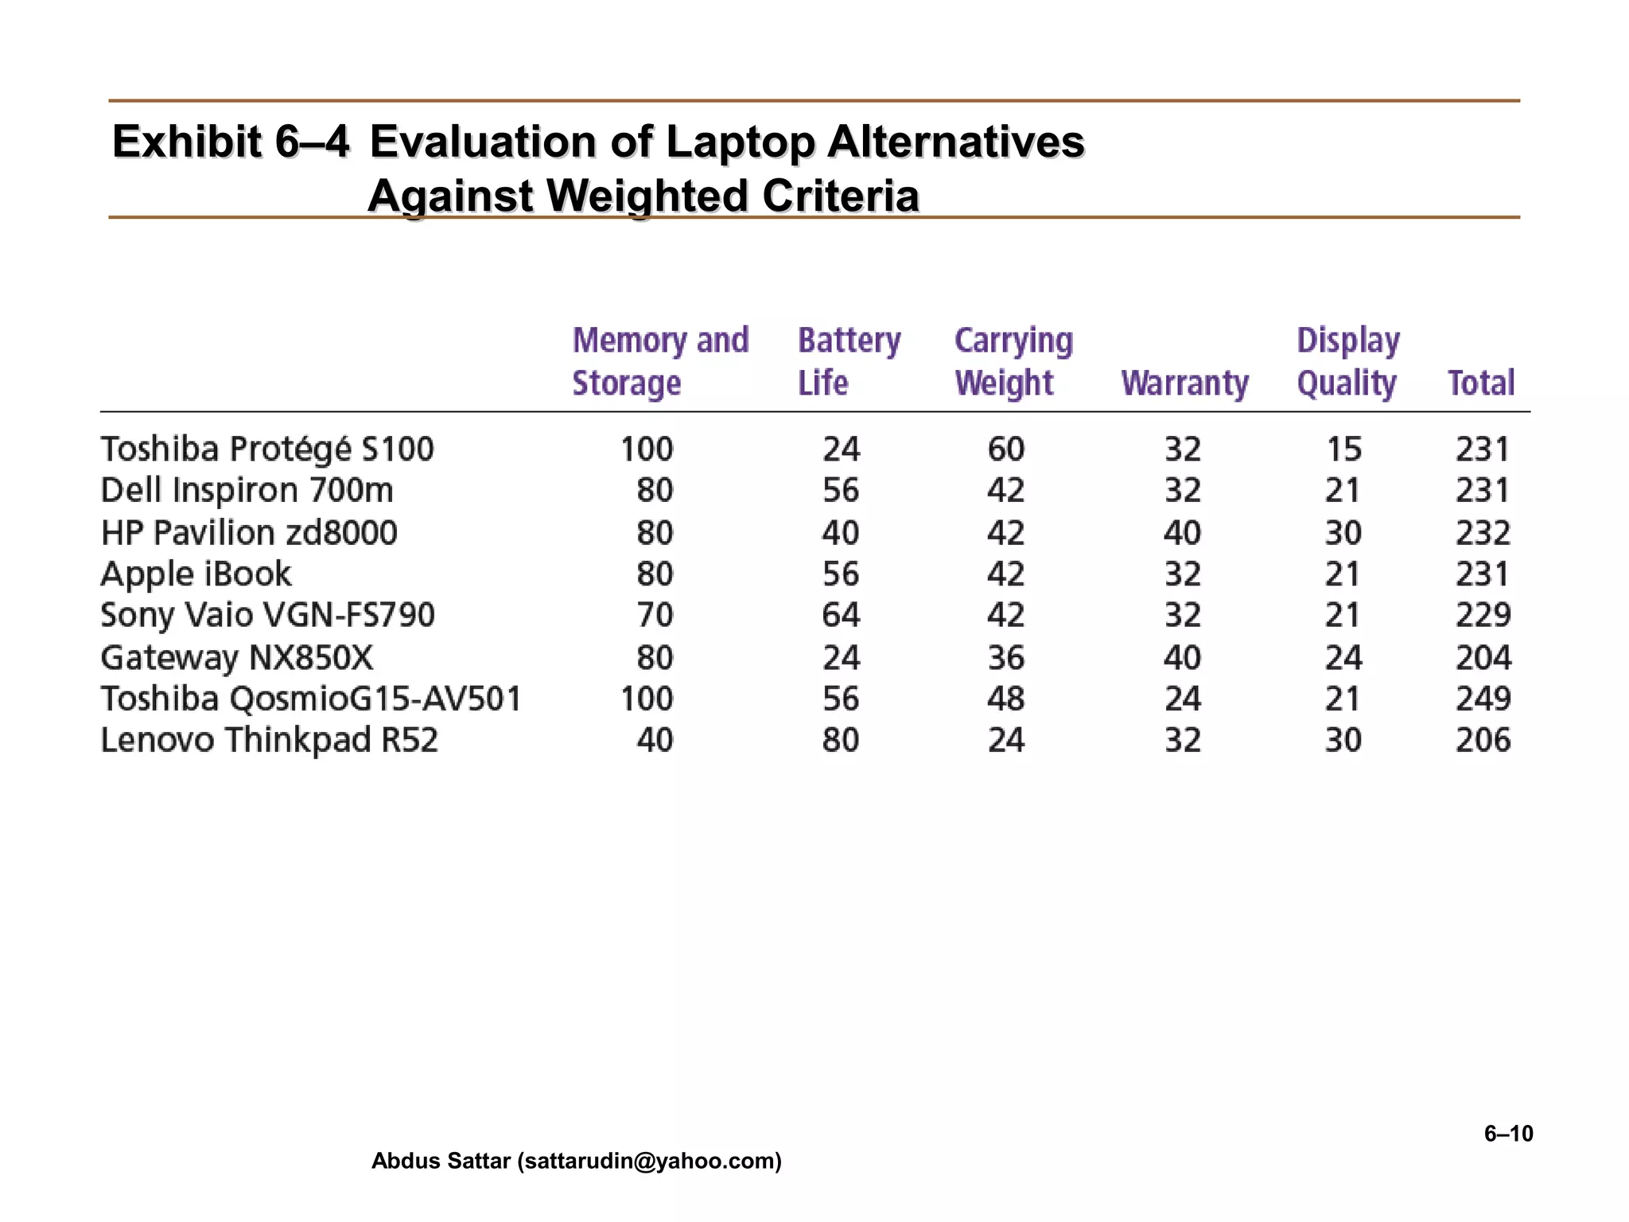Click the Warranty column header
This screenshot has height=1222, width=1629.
click(x=1184, y=383)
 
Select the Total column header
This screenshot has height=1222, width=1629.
click(x=1481, y=383)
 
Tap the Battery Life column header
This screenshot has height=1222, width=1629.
click(x=849, y=361)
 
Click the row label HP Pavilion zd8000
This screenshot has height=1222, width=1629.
click(x=249, y=533)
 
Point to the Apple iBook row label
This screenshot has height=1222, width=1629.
click(x=196, y=574)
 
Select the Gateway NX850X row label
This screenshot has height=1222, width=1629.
click(x=236, y=658)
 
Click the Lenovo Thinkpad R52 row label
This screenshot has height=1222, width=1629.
click(x=269, y=741)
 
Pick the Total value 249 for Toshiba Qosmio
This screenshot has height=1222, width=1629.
click(x=1483, y=699)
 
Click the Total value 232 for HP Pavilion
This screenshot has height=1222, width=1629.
click(x=1483, y=533)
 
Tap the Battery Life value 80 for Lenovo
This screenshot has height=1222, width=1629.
click(x=841, y=741)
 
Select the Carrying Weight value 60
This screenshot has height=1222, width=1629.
click(x=1006, y=449)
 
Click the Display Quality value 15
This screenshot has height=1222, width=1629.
click(x=1343, y=449)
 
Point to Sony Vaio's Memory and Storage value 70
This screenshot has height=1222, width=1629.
click(x=655, y=616)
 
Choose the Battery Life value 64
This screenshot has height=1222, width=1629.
click(x=841, y=616)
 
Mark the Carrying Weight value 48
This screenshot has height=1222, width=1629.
click(x=1006, y=699)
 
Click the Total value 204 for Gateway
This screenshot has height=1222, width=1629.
click(x=1483, y=658)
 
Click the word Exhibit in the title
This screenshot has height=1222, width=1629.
click(x=186, y=142)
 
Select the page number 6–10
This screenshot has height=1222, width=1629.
click(x=1508, y=1134)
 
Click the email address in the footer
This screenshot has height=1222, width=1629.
click(x=649, y=1162)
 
